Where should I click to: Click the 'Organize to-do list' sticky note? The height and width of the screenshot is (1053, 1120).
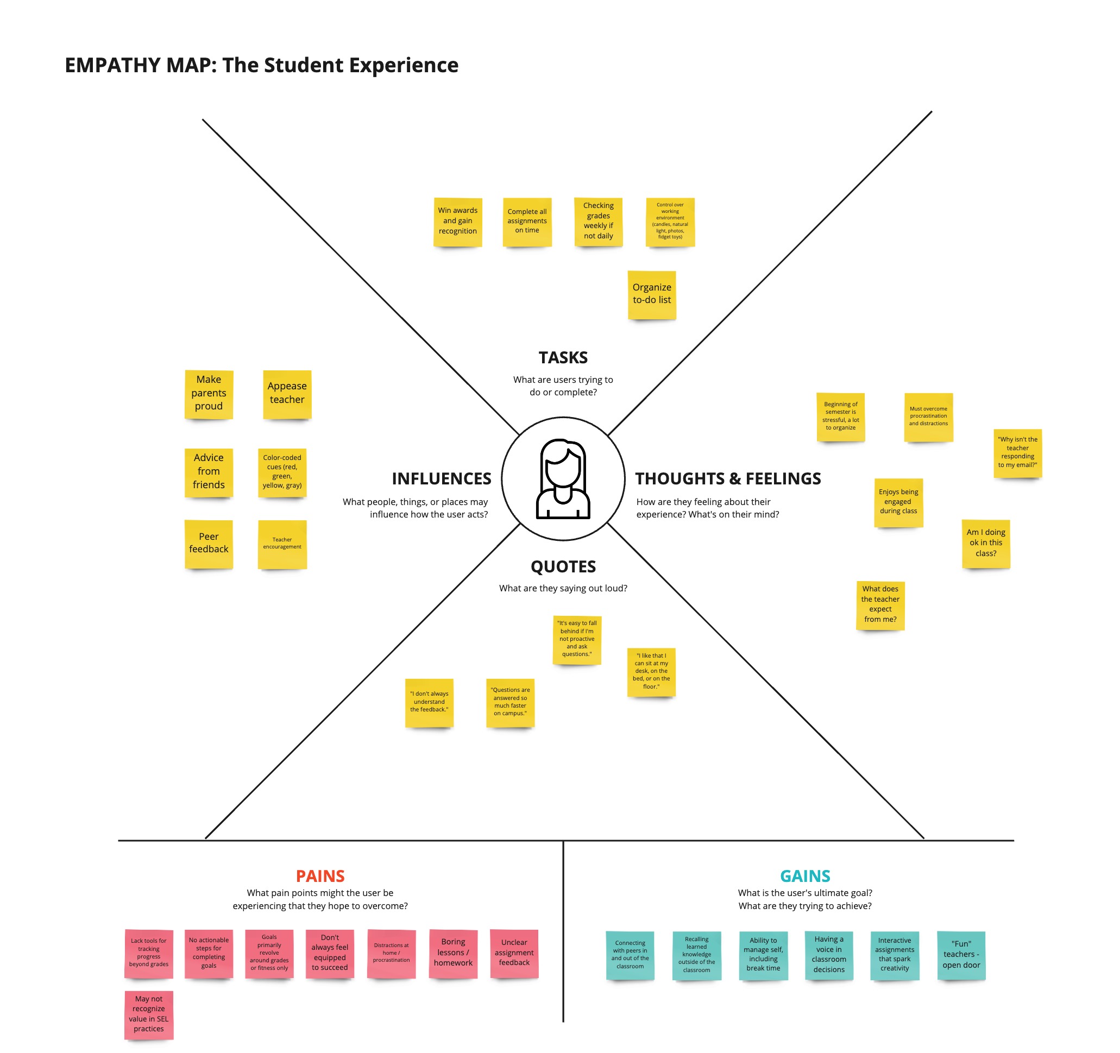point(652,295)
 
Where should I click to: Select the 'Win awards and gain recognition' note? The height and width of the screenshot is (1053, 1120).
point(457,222)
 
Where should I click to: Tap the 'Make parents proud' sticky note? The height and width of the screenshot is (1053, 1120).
point(209,394)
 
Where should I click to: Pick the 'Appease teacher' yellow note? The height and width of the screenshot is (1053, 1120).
point(287,394)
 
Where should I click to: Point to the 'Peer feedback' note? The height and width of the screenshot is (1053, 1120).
point(209,544)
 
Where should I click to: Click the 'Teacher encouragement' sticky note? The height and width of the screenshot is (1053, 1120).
point(282,544)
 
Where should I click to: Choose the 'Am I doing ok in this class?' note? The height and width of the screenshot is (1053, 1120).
point(986,544)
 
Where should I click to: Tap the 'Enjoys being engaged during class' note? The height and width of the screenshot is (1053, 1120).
point(898,502)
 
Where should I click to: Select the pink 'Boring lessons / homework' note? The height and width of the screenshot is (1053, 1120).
point(453,954)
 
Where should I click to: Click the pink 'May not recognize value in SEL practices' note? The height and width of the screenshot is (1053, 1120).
point(149,1014)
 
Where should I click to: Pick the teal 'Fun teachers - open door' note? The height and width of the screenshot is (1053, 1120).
point(961,956)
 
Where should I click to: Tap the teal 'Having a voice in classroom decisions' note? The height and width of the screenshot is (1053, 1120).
point(829,956)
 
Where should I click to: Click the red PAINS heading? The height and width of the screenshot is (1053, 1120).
point(320,876)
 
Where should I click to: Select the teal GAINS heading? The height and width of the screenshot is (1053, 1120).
point(805,876)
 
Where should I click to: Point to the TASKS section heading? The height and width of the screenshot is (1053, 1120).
point(563,358)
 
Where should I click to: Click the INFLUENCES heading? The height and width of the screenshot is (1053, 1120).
point(442,479)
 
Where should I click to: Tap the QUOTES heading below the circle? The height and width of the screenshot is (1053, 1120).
point(563,567)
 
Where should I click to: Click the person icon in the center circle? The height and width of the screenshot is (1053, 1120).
point(563,479)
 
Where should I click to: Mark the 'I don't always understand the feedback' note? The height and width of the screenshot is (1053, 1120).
point(429,703)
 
